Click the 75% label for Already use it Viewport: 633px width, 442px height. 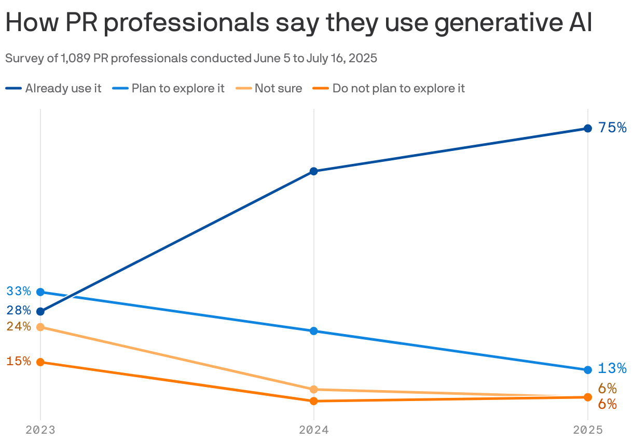coord(612,128)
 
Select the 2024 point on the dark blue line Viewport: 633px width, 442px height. coord(313,171)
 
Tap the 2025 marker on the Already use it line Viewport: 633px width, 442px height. coord(587,128)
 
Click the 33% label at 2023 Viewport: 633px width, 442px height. coord(19,291)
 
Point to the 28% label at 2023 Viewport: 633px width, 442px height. coord(19,311)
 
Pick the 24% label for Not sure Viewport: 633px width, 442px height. coord(19,327)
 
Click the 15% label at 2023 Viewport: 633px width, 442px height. coord(19,361)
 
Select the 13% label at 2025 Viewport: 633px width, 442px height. coord(612,368)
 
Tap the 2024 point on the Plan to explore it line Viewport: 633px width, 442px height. coord(313,331)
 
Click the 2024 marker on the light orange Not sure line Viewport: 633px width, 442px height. coord(313,390)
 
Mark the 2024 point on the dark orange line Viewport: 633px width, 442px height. coord(313,401)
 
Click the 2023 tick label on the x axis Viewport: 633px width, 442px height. coord(40,430)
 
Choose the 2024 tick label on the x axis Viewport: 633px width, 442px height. coord(313,430)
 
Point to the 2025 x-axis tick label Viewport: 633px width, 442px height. coord(587,430)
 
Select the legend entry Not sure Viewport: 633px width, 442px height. coord(278,88)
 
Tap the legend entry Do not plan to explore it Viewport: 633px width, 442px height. coord(398,88)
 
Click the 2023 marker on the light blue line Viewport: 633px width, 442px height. coord(40,292)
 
